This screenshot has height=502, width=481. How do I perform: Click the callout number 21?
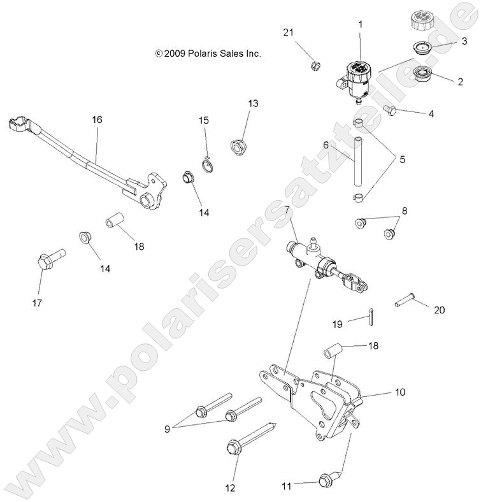pyautogui.click(x=289, y=32)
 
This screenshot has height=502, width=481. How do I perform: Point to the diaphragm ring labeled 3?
pyautogui.click(x=419, y=47)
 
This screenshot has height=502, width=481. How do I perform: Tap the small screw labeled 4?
pyautogui.click(x=392, y=112)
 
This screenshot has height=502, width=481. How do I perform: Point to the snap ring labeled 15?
pyautogui.click(x=208, y=166)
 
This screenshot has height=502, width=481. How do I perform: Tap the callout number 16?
pyautogui.click(x=97, y=120)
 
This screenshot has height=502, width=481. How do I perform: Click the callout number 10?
pyautogui.click(x=400, y=392)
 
